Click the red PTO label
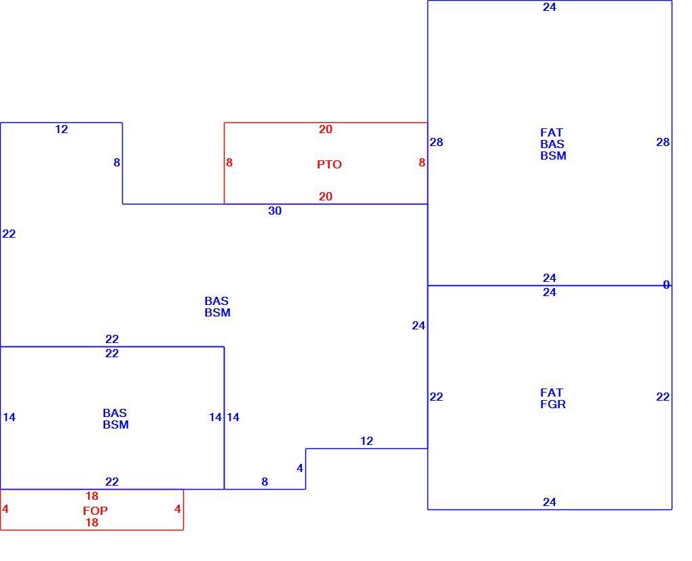[329, 164]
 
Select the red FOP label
[96, 511]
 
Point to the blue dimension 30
[275, 211]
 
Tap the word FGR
[553, 404]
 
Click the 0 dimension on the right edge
[666, 285]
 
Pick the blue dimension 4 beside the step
[300, 468]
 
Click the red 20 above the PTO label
[326, 130]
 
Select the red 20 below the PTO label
[326, 196]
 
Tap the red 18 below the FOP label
[92, 522]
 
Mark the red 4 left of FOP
[5, 509]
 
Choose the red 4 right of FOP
[178, 509]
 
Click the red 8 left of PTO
[229, 162]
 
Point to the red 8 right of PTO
[422, 162]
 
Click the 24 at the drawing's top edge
[550, 7]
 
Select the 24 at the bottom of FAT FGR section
[550, 502]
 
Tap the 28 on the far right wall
[663, 142]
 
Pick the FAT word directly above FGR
[552, 393]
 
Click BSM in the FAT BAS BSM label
[554, 156]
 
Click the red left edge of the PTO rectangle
[224, 164]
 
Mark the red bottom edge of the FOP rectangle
[92, 530]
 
